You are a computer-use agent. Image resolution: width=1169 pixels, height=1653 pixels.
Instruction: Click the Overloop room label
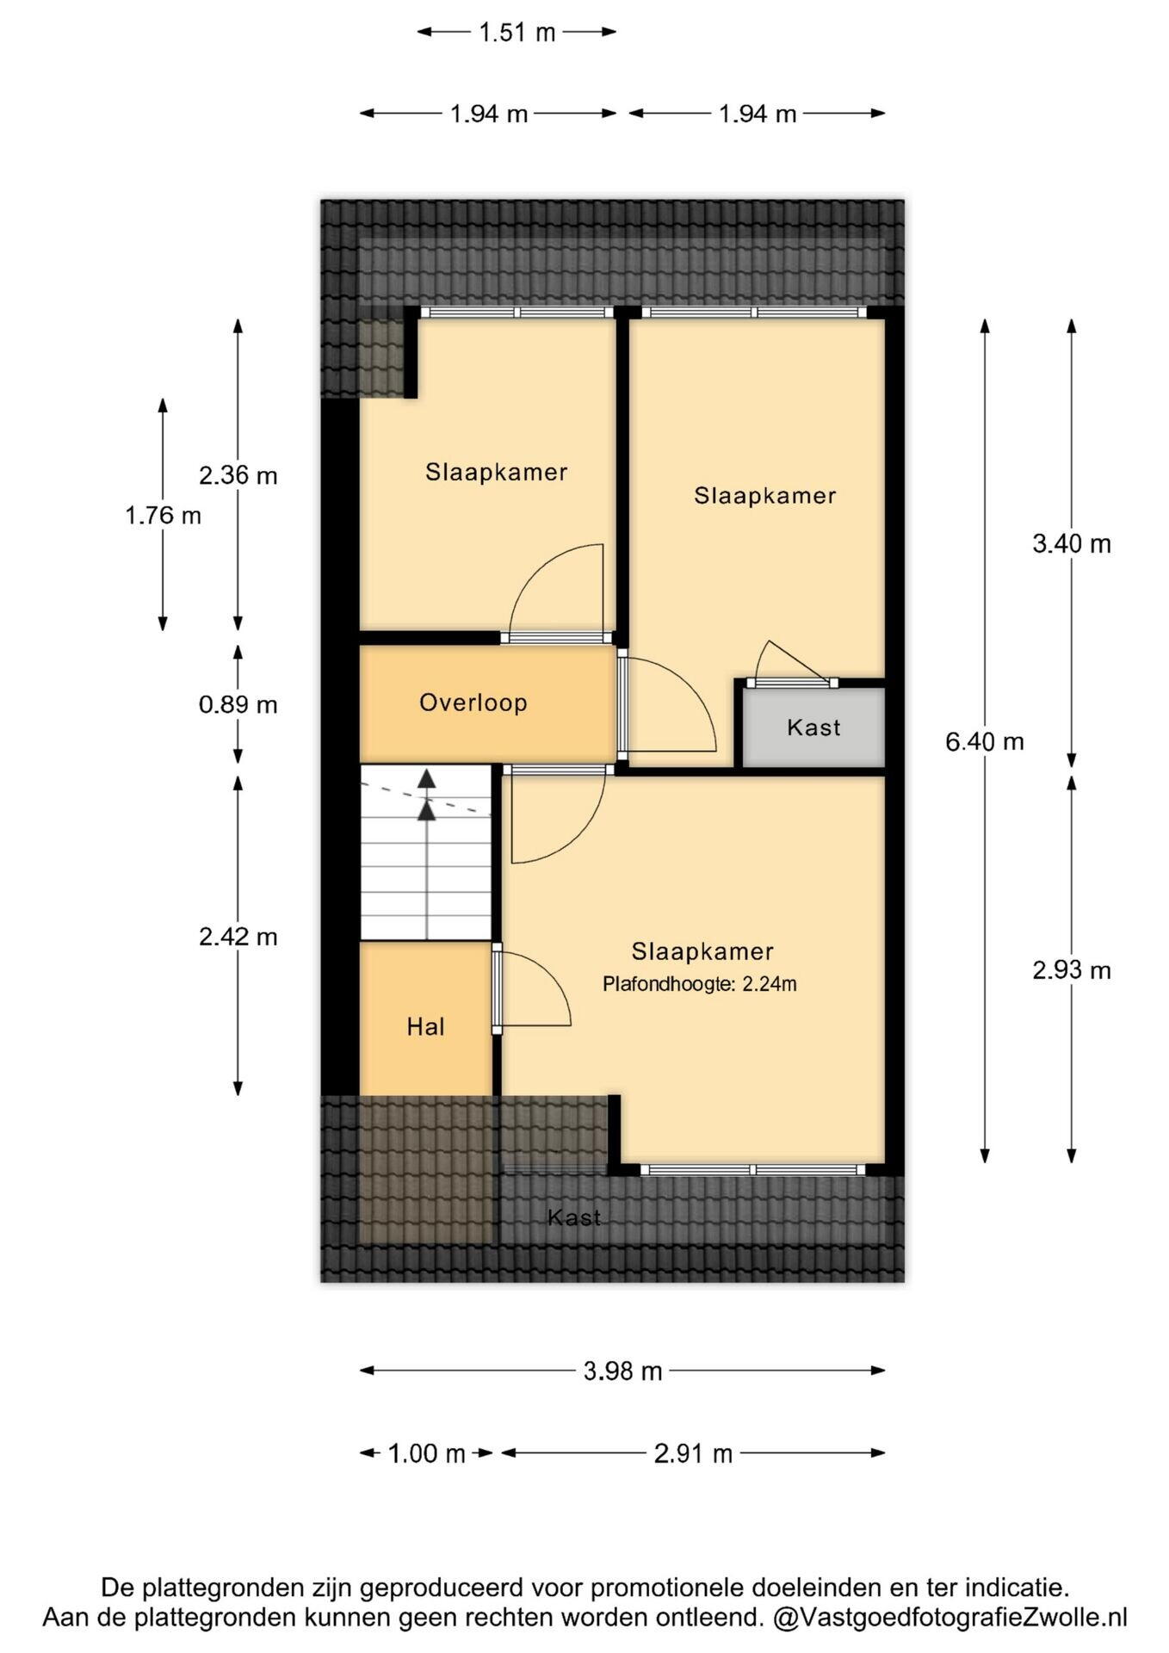473,703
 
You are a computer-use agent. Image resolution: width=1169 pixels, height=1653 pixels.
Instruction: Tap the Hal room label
425,1026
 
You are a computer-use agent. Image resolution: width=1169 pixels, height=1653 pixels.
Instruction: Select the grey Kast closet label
813,727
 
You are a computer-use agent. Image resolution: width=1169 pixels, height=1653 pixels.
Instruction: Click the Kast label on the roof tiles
574,1217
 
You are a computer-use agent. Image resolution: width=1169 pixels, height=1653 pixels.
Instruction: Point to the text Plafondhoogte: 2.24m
700,983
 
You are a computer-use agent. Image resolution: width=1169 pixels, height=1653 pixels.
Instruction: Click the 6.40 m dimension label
985,741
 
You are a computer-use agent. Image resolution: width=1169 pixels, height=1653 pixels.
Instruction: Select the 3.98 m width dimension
622,1371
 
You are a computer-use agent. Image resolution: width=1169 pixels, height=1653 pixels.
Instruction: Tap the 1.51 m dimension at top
517,33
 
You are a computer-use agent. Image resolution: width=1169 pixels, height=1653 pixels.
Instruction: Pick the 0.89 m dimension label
238,704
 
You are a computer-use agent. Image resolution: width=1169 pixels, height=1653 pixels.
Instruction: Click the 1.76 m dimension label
164,515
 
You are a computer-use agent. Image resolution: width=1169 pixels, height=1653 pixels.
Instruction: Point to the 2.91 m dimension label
693,1453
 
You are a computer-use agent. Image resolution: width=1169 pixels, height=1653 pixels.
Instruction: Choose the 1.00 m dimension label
426,1453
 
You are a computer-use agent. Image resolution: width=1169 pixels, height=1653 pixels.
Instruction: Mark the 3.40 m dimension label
1072,543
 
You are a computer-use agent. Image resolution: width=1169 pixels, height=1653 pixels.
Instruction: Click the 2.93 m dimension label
1072,970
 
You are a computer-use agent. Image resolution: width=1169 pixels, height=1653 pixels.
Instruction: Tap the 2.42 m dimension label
238,936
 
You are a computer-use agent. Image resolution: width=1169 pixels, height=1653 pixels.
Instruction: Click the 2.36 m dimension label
238,474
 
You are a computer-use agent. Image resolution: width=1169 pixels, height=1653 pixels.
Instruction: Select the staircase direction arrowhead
427,779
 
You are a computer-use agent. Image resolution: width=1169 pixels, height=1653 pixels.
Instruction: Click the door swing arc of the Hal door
552,972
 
